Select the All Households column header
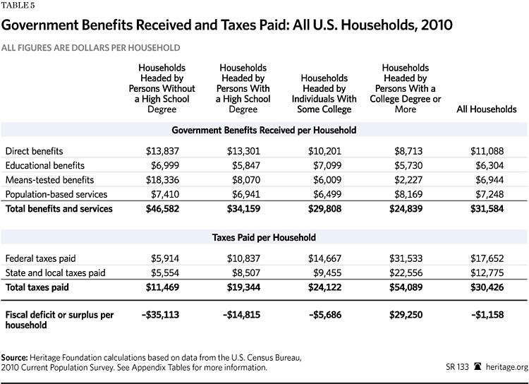[x=487, y=109]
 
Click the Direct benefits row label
[x=34, y=151]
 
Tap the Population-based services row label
[x=56, y=194]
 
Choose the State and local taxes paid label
[x=55, y=273]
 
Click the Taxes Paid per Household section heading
[x=264, y=237]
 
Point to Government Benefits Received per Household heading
[x=264, y=130]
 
